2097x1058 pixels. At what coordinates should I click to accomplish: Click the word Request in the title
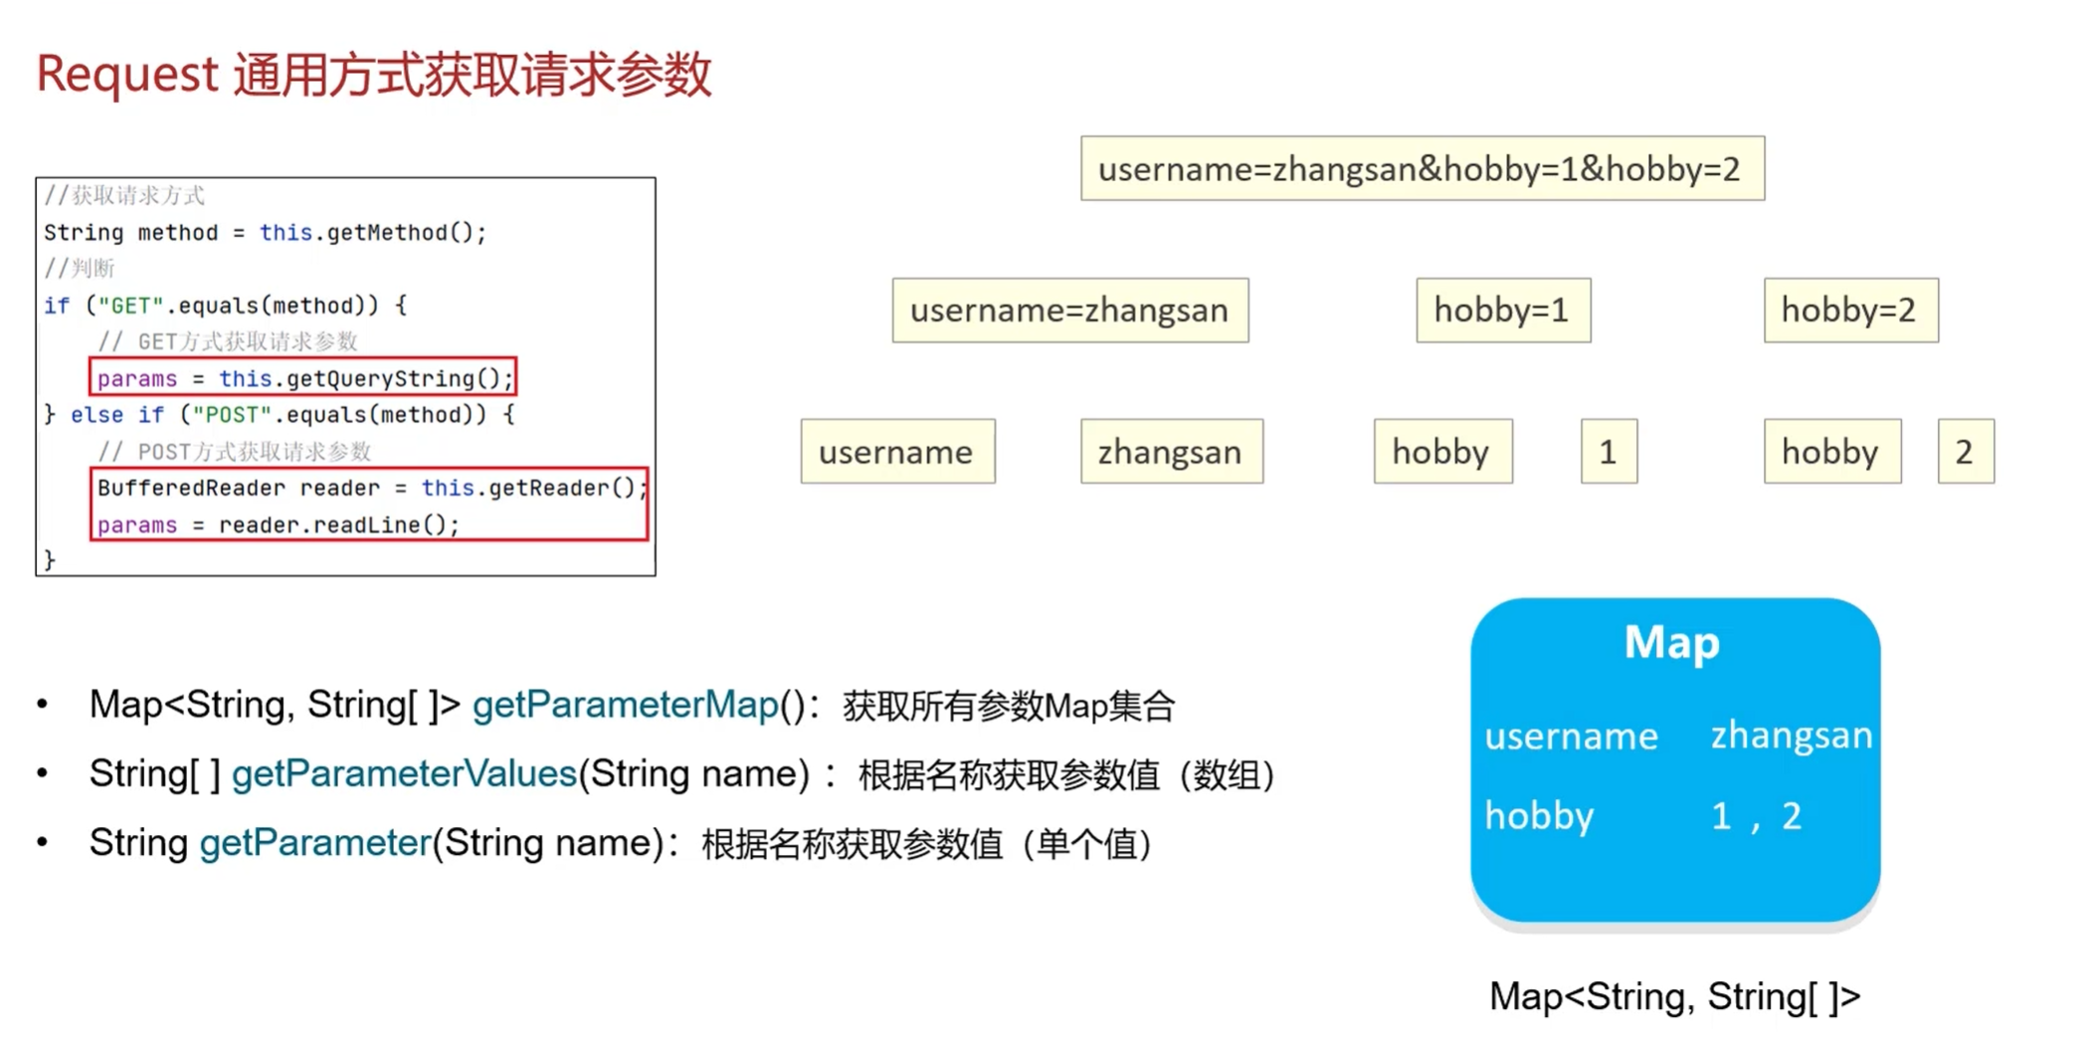(x=127, y=75)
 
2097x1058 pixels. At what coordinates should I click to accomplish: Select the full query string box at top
(x=1422, y=169)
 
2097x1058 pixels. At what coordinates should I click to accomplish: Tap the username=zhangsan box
(x=1069, y=311)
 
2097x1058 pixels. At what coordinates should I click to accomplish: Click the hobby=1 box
(x=1502, y=311)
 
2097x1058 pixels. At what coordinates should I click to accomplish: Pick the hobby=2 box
(x=1849, y=311)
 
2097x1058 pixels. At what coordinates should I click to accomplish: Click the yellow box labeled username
(x=896, y=452)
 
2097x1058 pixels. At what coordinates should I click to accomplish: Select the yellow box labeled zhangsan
(x=1171, y=452)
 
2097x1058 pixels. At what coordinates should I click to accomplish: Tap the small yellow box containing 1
(x=1608, y=452)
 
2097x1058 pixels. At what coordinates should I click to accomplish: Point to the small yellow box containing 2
(x=1965, y=452)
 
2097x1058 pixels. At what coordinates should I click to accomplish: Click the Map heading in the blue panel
(x=1672, y=642)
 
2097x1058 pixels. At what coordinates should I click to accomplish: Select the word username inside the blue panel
(x=1571, y=737)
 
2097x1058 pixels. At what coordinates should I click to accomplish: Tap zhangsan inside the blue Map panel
(x=1791, y=736)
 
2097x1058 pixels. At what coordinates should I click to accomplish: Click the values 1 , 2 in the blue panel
(x=1756, y=816)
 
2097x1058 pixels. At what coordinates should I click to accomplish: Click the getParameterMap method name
(x=625, y=706)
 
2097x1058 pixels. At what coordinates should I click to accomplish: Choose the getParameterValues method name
(x=404, y=774)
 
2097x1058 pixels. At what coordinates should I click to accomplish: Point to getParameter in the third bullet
(x=314, y=843)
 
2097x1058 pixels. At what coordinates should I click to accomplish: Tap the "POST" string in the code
(x=232, y=415)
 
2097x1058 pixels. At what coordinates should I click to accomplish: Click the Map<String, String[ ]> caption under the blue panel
(x=1673, y=996)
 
